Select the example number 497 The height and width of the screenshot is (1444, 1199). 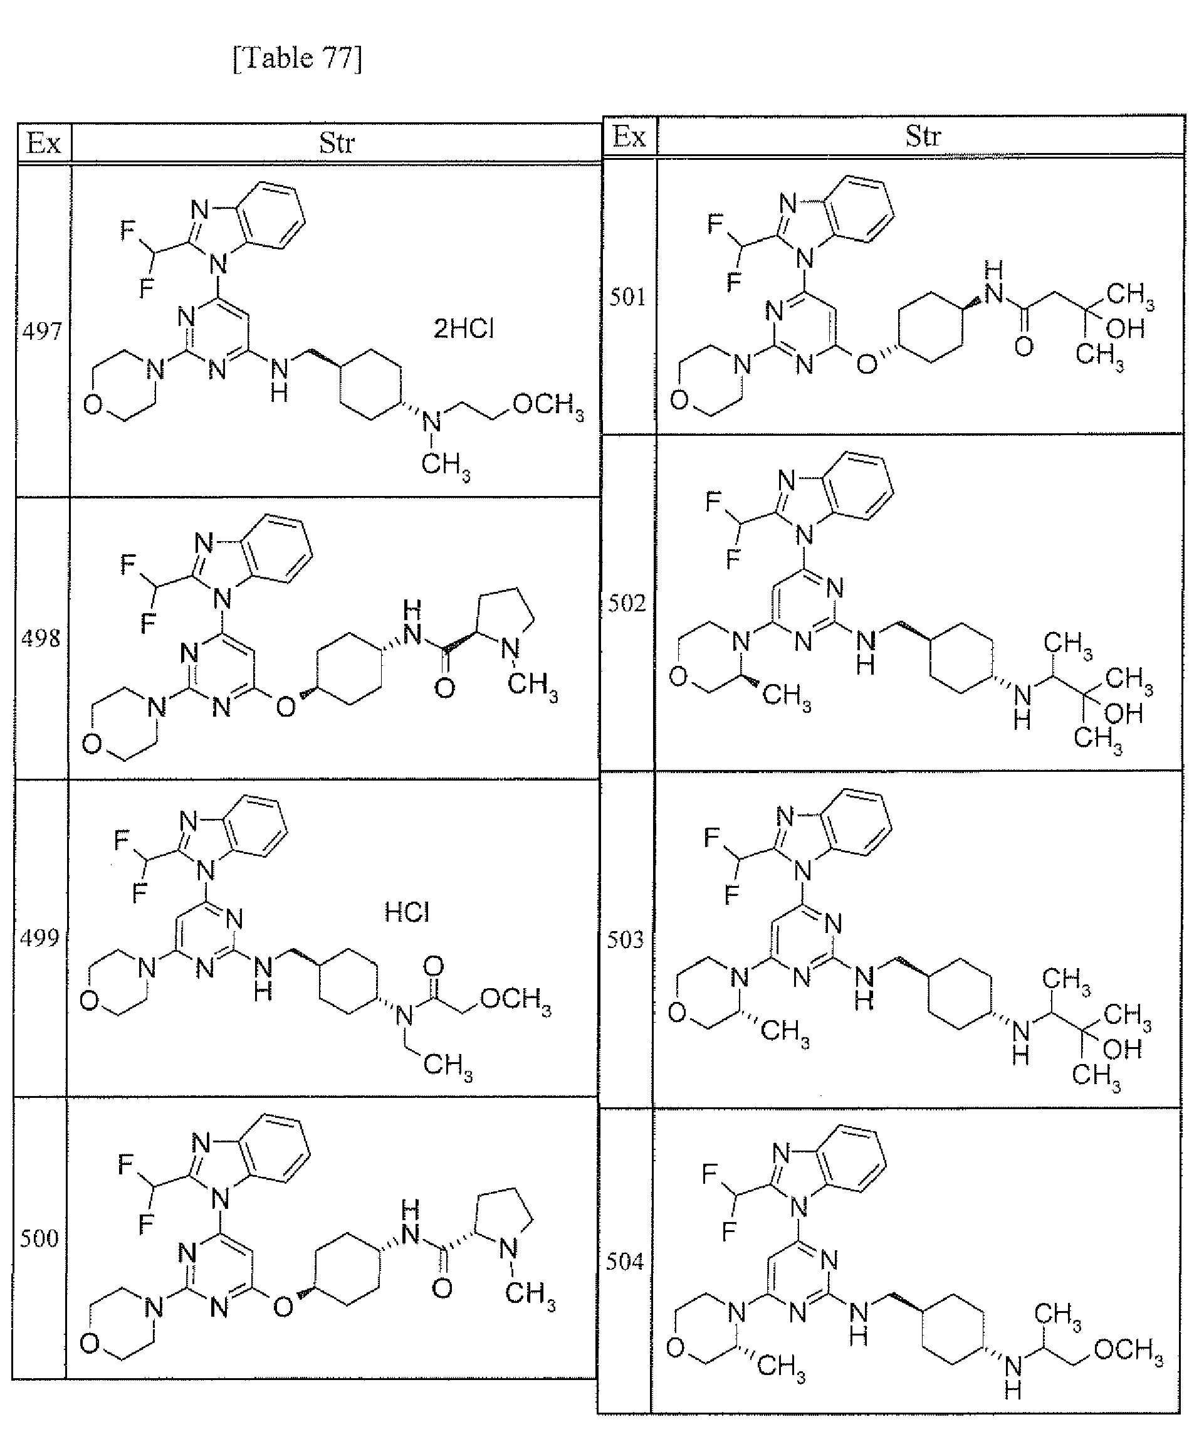pyautogui.click(x=42, y=332)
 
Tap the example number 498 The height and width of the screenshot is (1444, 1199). pyautogui.click(x=41, y=638)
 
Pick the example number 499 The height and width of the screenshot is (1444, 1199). pyautogui.click(x=39, y=937)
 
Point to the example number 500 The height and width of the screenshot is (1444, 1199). pyautogui.click(x=38, y=1238)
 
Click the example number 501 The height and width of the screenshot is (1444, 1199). pyautogui.click(x=627, y=297)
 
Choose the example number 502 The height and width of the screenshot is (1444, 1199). pyautogui.click(x=627, y=603)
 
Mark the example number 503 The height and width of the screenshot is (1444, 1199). pyautogui.click(x=625, y=939)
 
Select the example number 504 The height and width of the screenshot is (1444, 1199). pyautogui.click(x=624, y=1261)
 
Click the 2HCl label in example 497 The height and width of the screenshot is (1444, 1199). pyautogui.click(x=463, y=329)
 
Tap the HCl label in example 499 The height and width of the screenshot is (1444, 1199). pyautogui.click(x=407, y=912)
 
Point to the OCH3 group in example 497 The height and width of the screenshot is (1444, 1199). pyautogui.click(x=548, y=405)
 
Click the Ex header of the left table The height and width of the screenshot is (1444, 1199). pyautogui.click(x=43, y=144)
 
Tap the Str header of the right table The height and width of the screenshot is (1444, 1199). pyautogui.click(x=922, y=135)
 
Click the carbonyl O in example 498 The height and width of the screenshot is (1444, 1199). pyautogui.click(x=445, y=688)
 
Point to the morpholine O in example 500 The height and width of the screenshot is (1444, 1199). pyautogui.click(x=90, y=1344)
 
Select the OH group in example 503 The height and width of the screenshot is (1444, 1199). pyautogui.click(x=1123, y=1050)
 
